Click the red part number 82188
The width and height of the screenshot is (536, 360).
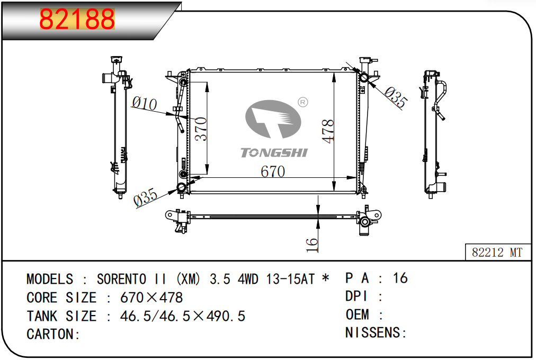77,20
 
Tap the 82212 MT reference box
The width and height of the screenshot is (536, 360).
497,253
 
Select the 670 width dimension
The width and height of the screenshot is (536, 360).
273,172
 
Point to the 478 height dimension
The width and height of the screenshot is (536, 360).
328,131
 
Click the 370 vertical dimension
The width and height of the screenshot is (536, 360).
201,129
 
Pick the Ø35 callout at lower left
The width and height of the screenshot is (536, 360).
146,197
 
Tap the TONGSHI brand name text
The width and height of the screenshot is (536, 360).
274,153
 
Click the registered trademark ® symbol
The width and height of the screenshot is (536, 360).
303,102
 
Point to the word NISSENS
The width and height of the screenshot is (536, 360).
373,333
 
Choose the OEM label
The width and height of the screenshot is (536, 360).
358,314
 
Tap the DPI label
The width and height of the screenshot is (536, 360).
356,296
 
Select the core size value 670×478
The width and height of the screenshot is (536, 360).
151,298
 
